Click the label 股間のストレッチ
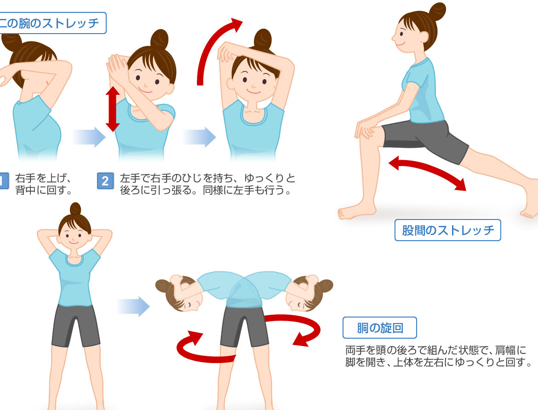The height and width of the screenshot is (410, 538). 448,230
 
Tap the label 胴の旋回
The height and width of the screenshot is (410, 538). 380,328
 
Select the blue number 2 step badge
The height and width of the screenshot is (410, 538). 105,181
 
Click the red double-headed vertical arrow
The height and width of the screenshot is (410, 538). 113,109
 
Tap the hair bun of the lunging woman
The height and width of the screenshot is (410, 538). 437,12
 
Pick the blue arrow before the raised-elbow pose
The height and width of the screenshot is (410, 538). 200,137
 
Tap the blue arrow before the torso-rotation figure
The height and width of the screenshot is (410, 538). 133,306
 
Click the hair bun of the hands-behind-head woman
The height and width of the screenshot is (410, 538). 75,208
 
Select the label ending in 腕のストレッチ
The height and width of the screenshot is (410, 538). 49,23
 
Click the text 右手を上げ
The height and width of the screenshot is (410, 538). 43,178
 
